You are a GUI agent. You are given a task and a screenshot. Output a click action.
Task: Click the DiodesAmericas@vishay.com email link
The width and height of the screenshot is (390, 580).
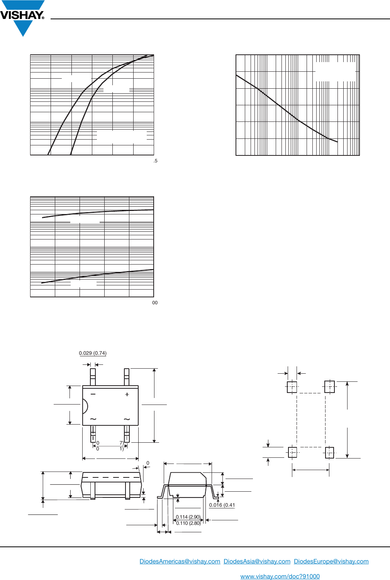(x=180, y=561)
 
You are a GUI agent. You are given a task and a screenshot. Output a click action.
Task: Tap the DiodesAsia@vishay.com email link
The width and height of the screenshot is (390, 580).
(x=257, y=561)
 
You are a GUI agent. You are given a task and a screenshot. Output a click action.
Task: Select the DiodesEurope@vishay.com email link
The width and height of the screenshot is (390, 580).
(x=331, y=561)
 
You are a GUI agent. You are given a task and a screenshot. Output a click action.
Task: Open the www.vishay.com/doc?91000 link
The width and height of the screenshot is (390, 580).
(x=280, y=577)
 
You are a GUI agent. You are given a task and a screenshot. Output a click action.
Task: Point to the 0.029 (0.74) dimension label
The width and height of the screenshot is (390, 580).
(x=93, y=353)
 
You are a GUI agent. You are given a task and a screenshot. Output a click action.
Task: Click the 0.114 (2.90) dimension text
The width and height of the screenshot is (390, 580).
(x=188, y=517)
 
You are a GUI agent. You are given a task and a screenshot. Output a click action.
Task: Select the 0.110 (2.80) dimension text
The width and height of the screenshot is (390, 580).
(x=188, y=523)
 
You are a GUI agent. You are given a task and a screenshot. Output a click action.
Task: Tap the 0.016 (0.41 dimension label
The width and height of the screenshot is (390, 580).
(x=222, y=505)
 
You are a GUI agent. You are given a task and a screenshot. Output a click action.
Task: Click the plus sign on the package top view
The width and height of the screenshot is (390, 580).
(x=127, y=395)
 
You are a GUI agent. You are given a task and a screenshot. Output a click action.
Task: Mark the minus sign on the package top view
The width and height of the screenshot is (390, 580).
(x=93, y=394)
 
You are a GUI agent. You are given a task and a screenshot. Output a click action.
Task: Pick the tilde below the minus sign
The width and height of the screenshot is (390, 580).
(x=93, y=419)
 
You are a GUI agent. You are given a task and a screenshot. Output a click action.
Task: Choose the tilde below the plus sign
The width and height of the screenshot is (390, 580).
(x=127, y=419)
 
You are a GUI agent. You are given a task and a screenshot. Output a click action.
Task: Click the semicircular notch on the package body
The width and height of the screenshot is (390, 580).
(x=85, y=406)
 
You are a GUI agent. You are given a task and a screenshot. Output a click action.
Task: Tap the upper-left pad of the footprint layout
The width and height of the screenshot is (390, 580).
(x=292, y=387)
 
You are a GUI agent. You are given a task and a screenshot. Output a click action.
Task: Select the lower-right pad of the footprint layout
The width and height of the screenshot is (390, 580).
(x=329, y=452)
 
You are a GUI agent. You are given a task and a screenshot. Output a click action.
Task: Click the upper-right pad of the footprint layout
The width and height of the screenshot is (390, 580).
(x=329, y=387)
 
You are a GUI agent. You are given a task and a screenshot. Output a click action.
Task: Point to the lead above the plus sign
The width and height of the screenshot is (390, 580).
(x=127, y=377)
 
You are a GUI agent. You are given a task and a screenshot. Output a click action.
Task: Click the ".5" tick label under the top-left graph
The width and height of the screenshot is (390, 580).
(x=155, y=161)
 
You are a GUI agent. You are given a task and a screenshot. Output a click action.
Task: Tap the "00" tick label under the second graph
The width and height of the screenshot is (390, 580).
(x=155, y=303)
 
